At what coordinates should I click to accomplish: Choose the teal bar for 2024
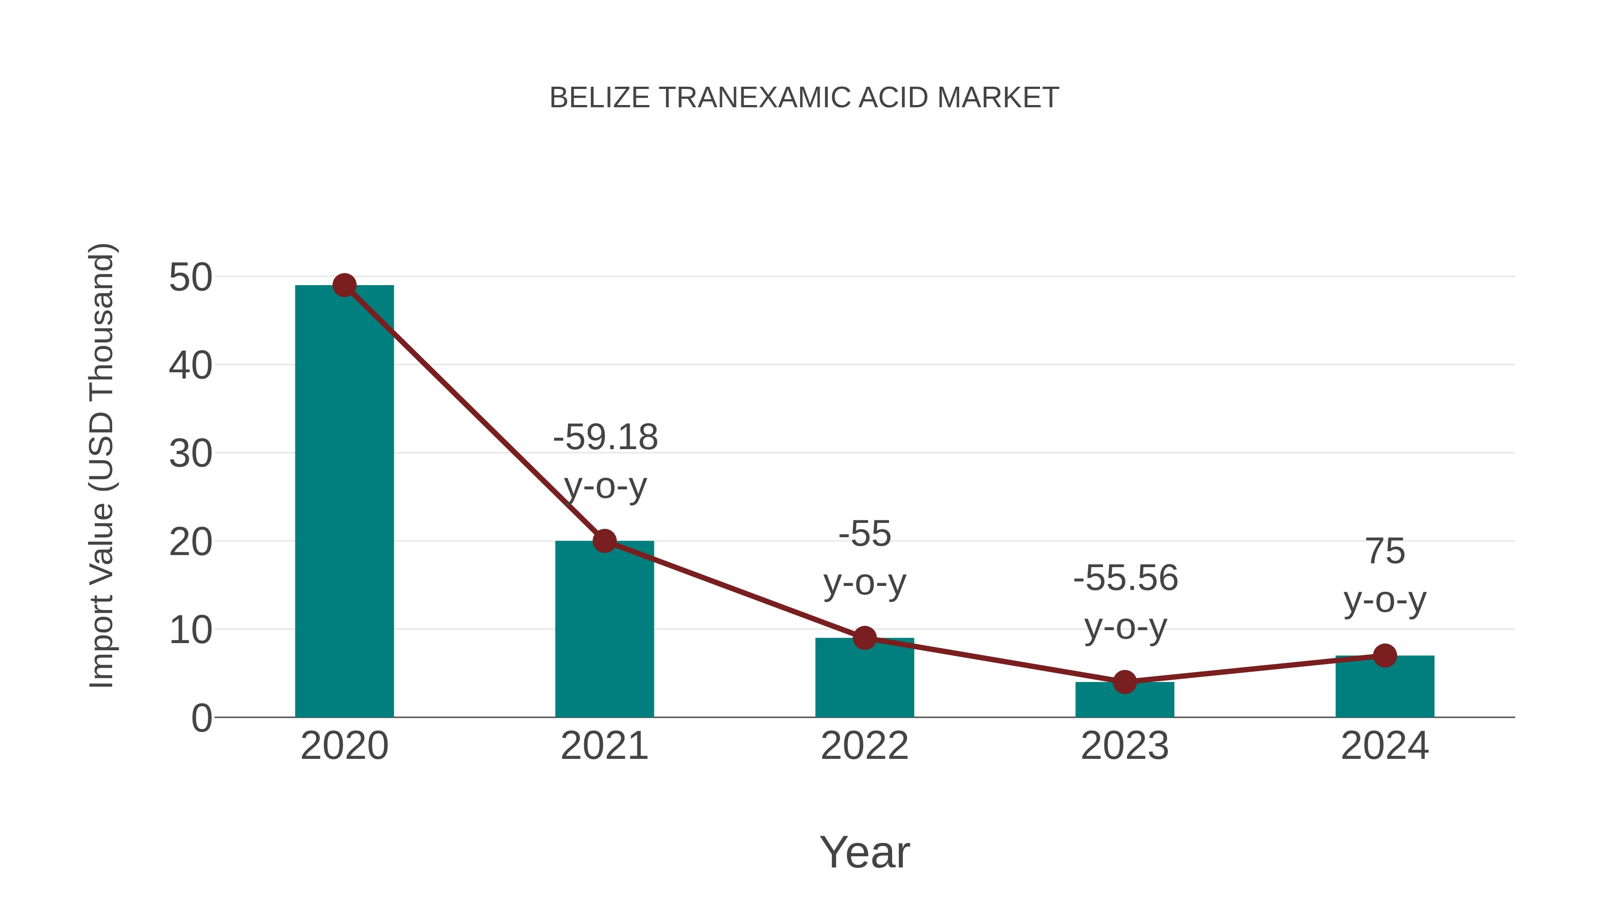(x=1385, y=686)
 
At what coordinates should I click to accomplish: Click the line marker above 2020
(x=344, y=286)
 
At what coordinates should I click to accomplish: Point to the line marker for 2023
(x=1125, y=682)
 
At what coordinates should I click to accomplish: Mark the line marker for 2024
(x=1385, y=656)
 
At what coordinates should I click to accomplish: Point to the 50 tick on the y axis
(x=190, y=277)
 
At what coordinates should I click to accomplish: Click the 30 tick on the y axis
(x=190, y=454)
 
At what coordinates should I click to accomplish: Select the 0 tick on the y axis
(x=201, y=718)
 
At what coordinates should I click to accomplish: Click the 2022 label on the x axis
(x=864, y=746)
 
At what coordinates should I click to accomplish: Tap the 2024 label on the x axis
(x=1385, y=746)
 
